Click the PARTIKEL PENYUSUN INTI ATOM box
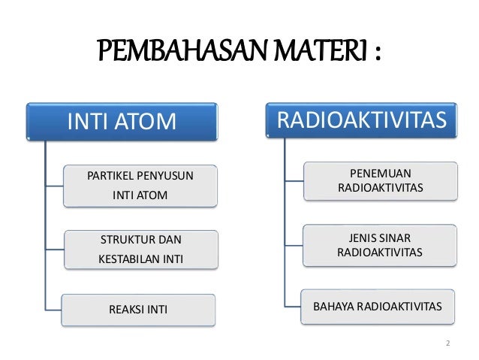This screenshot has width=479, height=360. (x=140, y=186)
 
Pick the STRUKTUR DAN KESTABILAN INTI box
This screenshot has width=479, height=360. (x=140, y=250)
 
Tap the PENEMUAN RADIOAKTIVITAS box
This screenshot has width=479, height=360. (x=380, y=180)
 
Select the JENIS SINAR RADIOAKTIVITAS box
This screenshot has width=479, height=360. (x=380, y=245)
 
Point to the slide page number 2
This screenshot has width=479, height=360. (x=447, y=344)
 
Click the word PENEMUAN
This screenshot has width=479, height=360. (x=380, y=173)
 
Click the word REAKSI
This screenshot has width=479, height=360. (x=125, y=310)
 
